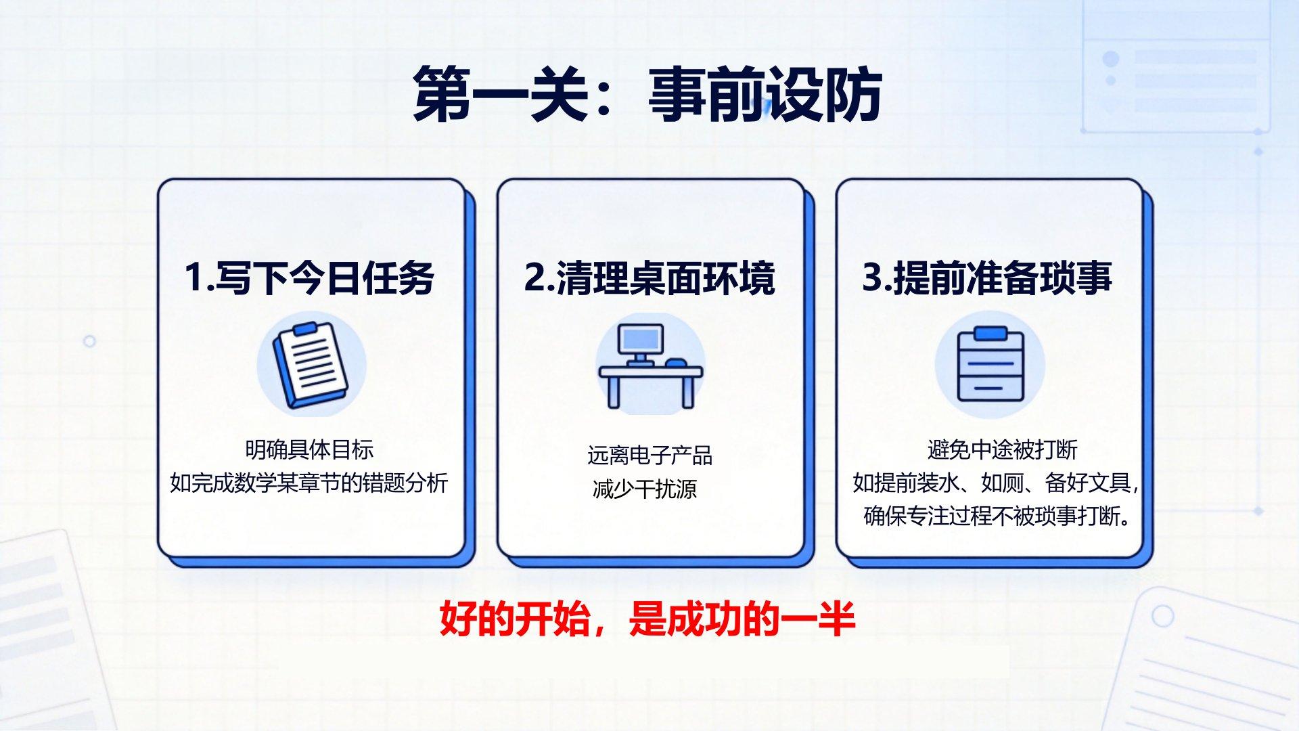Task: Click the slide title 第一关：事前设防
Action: pos(647,94)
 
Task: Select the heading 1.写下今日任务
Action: pos(309,278)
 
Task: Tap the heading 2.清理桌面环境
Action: pos(649,278)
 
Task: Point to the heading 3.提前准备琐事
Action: pos(987,278)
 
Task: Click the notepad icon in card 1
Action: pos(311,365)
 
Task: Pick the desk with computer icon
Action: pos(651,366)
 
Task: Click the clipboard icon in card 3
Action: pos(991,364)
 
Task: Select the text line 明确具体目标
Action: pos(309,449)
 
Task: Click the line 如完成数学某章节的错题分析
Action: pos(309,483)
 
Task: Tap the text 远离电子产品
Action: pos(649,456)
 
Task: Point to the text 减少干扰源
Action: pos(645,489)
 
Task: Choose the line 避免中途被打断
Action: pos(1002,449)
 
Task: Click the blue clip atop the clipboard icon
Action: pos(991,334)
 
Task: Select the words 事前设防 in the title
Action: pos(765,94)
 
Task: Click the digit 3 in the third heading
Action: pos(872,278)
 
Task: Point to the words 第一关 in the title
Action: pos(501,94)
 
